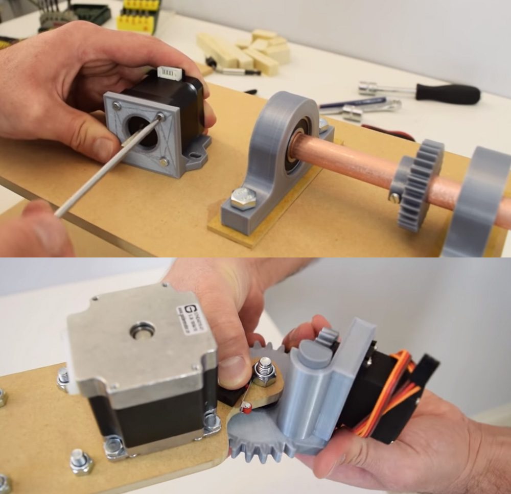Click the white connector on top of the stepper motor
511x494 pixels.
coord(170,73)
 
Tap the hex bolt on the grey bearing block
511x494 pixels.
coord(243,198)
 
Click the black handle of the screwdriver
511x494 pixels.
coord(448,94)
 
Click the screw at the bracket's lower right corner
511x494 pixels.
coord(164,162)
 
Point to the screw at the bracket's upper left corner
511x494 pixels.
coord(117,106)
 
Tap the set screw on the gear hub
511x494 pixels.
coord(394,198)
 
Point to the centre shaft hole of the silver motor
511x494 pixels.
coord(143,331)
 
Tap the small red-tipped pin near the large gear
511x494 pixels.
coord(246,407)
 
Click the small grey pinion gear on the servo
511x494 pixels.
coord(329,337)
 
